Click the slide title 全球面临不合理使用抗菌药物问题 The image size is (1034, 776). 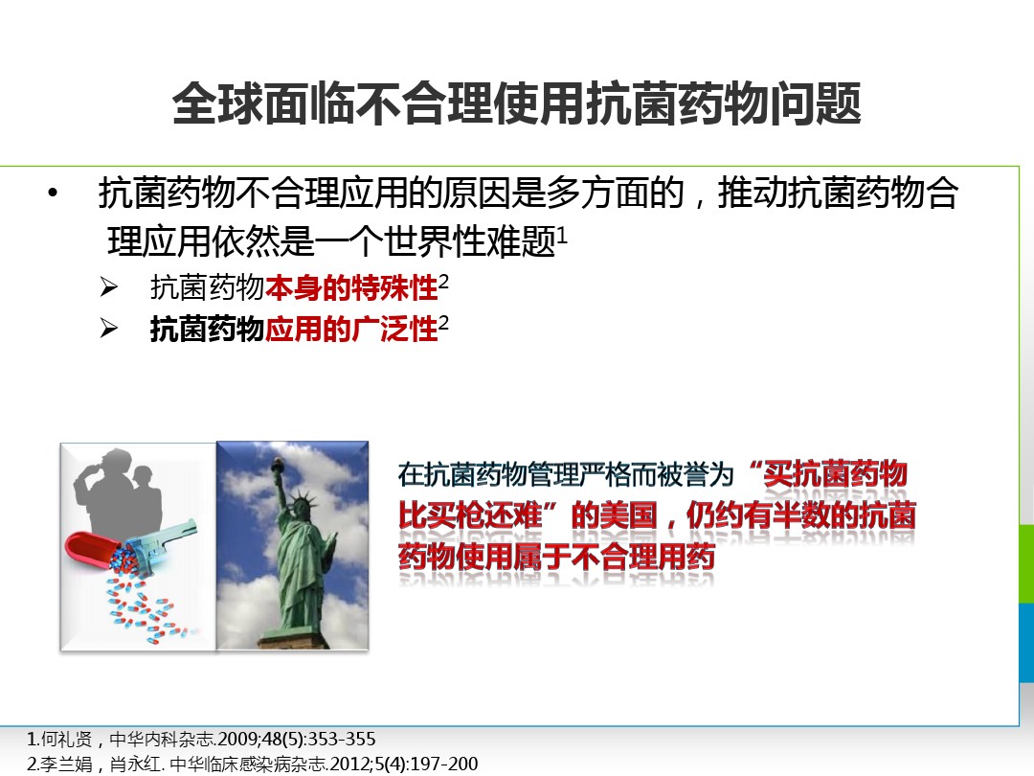516,103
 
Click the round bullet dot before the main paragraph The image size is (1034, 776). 53,193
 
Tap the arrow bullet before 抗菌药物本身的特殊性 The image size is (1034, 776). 109,287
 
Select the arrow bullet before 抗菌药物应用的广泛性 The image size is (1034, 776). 109,328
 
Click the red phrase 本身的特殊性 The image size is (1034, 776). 351,287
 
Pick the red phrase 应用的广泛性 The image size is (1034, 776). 351,329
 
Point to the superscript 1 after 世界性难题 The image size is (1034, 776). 562,234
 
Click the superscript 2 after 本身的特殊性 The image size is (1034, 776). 443,282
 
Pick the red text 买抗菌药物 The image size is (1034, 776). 836,474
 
